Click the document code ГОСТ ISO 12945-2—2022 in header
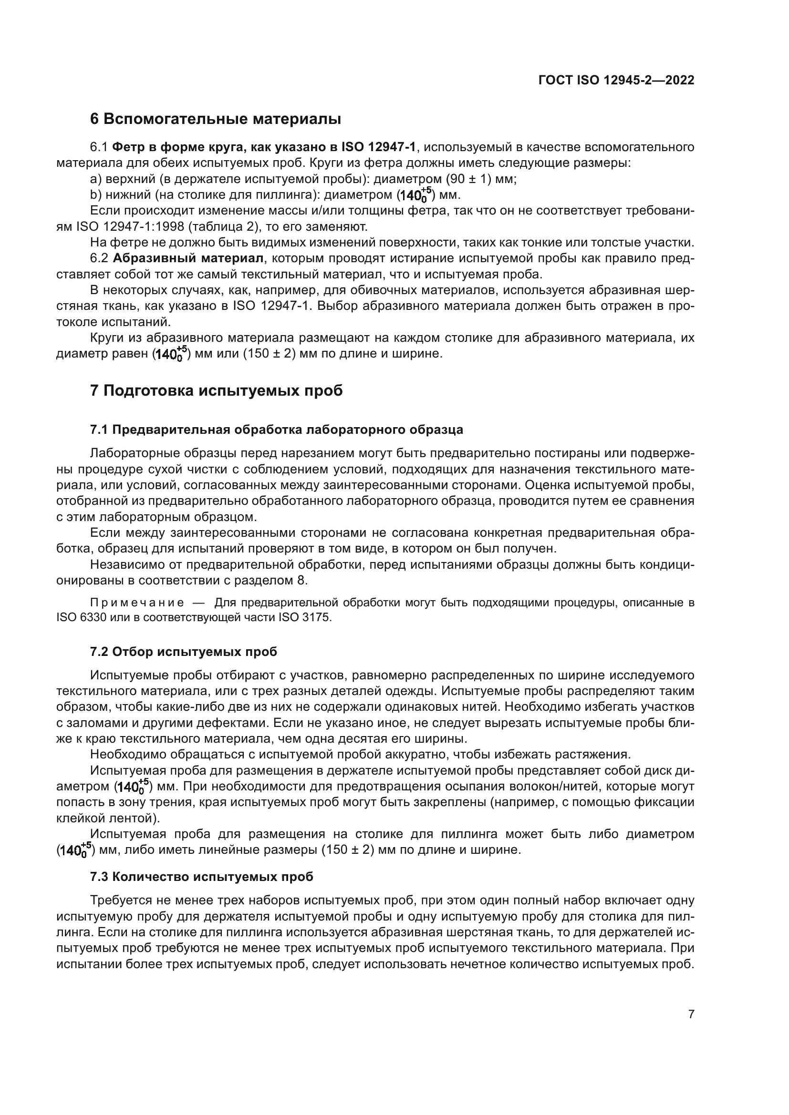[x=616, y=80]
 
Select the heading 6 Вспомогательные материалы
[x=215, y=119]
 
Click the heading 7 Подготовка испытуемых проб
[x=216, y=391]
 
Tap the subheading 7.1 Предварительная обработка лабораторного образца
[x=277, y=430]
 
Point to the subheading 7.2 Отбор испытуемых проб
[x=183, y=652]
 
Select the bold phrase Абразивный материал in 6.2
[x=188, y=258]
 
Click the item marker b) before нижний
[x=95, y=195]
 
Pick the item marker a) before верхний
[x=95, y=179]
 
